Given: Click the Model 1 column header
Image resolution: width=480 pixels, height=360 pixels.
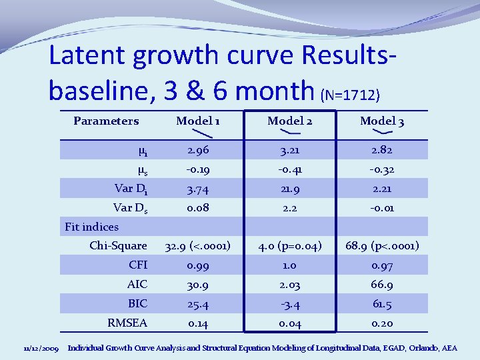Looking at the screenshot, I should [198, 121].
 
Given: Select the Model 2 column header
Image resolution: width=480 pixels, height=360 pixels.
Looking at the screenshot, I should [290, 121].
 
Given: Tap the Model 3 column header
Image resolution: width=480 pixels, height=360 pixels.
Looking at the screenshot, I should [382, 121].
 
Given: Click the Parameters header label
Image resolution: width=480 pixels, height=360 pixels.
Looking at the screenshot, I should [106, 121].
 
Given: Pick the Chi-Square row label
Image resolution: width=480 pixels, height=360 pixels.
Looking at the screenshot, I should [118, 246].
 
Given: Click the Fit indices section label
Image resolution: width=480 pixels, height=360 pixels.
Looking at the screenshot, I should [91, 227].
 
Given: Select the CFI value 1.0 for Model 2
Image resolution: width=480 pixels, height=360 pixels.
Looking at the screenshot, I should [290, 265].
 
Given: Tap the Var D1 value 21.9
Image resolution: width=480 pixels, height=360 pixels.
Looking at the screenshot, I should [290, 189].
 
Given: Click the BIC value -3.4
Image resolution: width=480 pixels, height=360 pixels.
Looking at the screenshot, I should [290, 304].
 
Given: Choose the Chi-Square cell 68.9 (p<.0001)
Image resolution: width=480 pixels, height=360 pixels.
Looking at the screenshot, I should [382, 246].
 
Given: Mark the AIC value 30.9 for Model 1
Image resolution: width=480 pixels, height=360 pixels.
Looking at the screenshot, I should [198, 285].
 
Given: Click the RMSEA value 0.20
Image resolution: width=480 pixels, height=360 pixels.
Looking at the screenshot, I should [382, 323].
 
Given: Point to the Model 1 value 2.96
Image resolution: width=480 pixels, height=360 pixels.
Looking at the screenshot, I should [198, 150].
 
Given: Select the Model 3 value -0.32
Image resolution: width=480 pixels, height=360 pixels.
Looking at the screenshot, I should [382, 169].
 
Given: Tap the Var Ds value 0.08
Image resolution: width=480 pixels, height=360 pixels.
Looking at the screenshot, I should [198, 208].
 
